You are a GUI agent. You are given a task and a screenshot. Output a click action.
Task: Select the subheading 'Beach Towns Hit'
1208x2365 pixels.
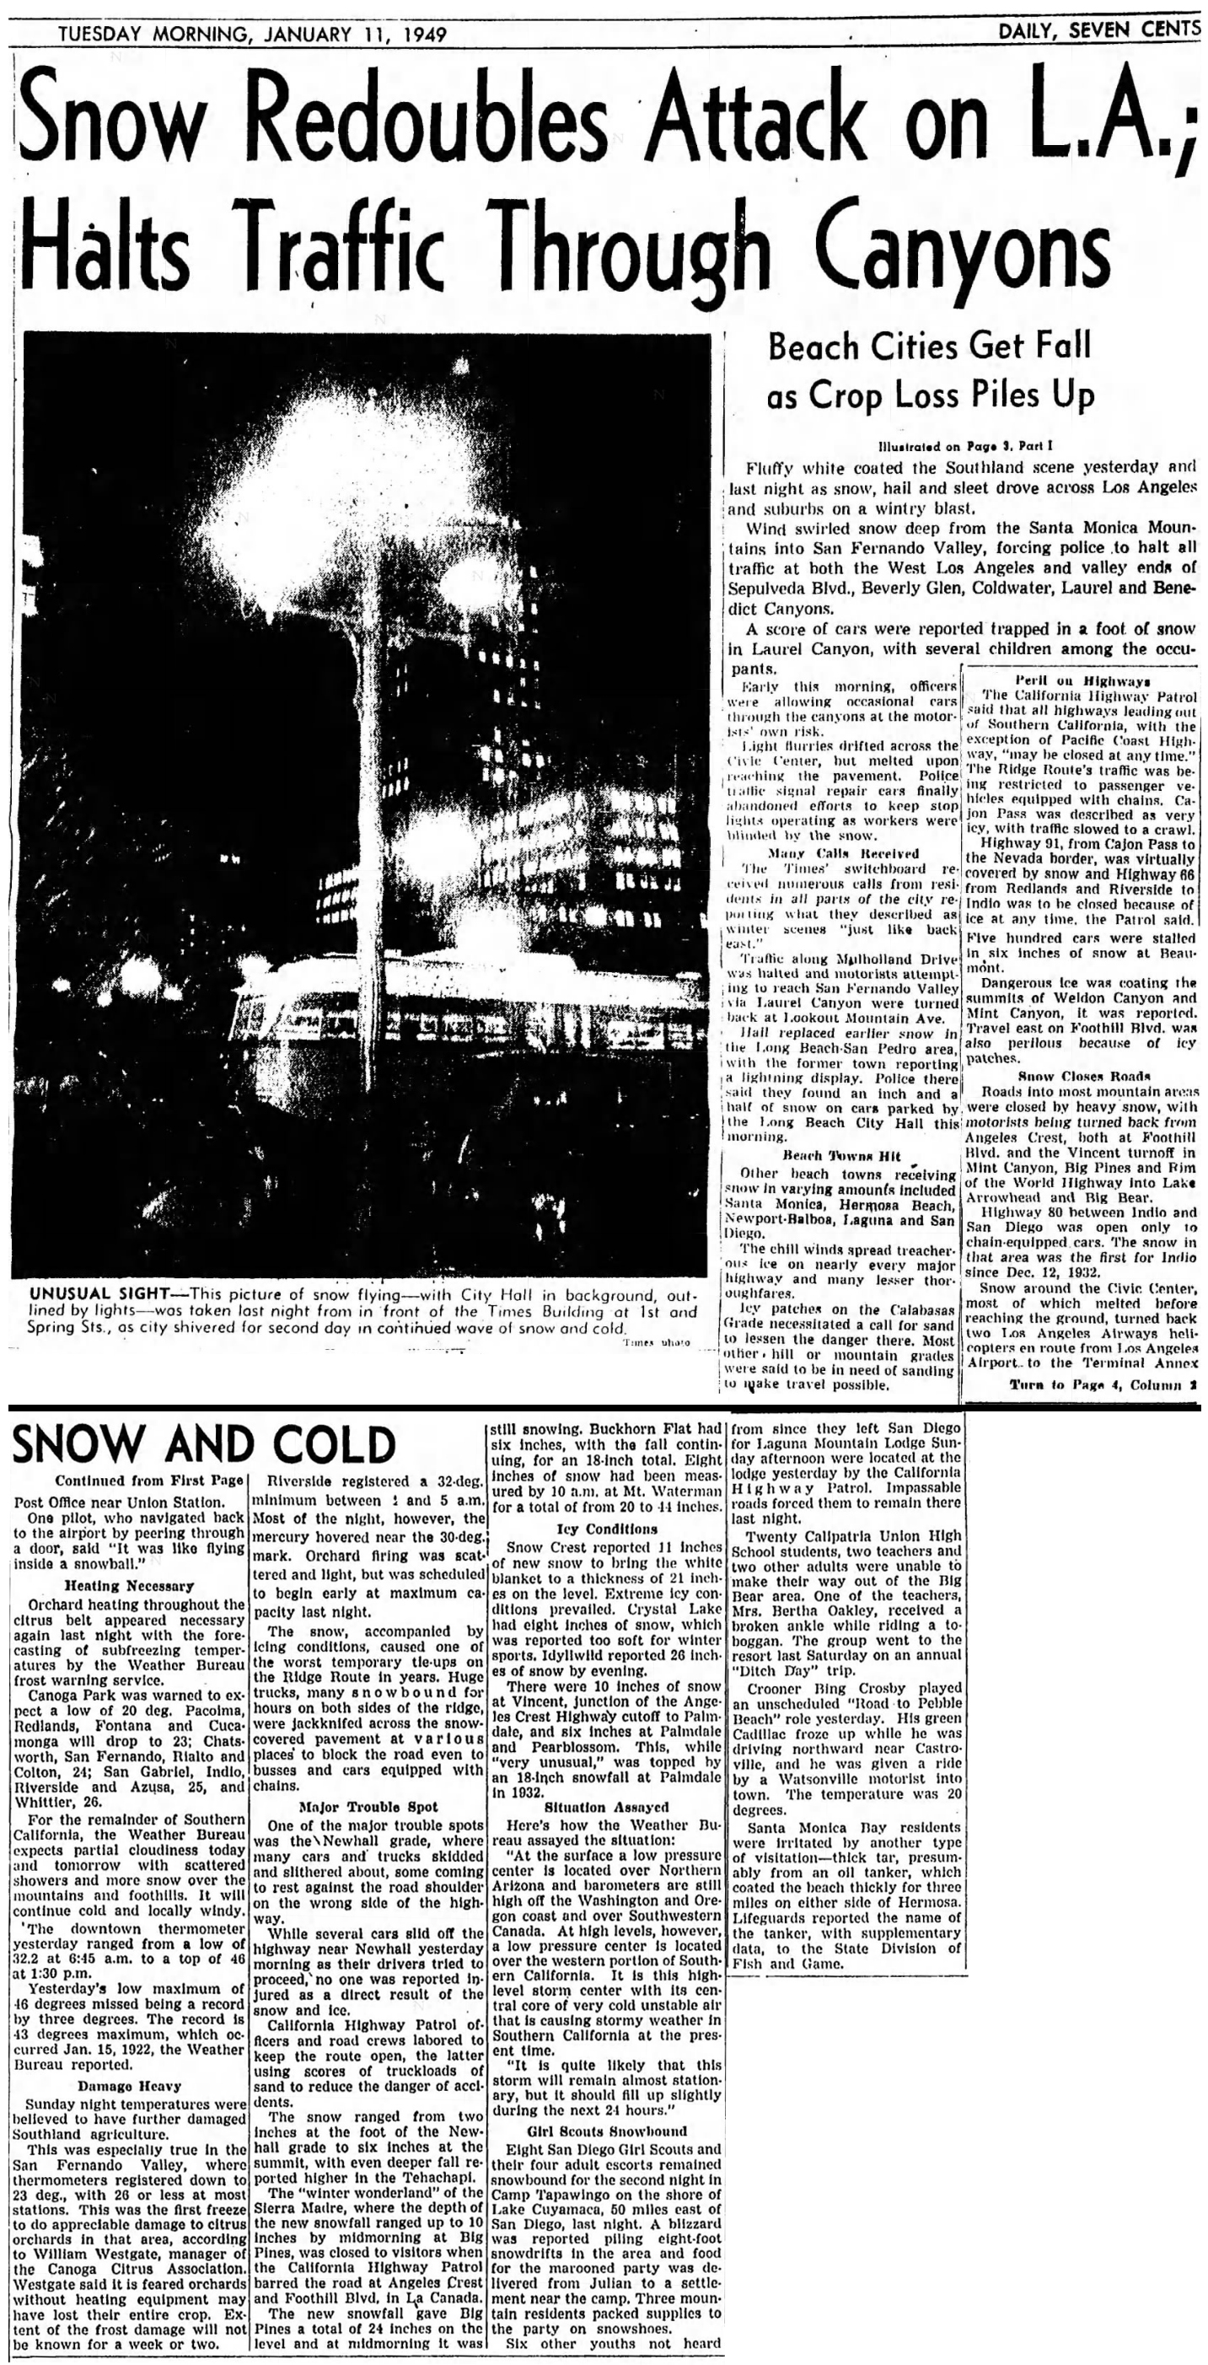click(840, 1155)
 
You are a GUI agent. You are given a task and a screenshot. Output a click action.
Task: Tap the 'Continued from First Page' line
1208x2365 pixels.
click(148, 1480)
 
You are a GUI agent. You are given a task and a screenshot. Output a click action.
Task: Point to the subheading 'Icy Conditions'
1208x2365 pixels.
click(606, 1529)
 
